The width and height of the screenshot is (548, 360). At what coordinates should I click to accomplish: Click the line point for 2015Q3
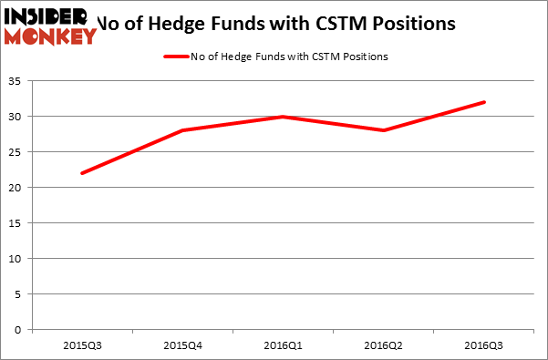coord(82,173)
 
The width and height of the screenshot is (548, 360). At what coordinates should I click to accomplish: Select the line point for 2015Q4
coord(182,130)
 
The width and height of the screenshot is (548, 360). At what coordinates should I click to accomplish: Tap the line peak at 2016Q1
coord(283,117)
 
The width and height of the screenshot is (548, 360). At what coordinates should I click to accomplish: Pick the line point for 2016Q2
coord(383,130)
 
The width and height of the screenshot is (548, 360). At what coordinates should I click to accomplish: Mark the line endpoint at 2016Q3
coord(483,102)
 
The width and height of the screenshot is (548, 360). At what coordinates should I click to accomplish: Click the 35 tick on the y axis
coord(17,81)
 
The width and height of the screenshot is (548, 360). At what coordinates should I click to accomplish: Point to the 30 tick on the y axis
coord(17,117)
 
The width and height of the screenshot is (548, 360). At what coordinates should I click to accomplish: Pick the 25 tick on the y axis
coord(17,152)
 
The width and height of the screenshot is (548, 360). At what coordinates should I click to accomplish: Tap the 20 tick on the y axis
coord(17,188)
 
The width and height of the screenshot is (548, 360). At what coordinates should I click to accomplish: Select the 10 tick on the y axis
coord(17,259)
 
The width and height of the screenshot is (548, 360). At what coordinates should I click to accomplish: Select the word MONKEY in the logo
coord(50,36)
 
